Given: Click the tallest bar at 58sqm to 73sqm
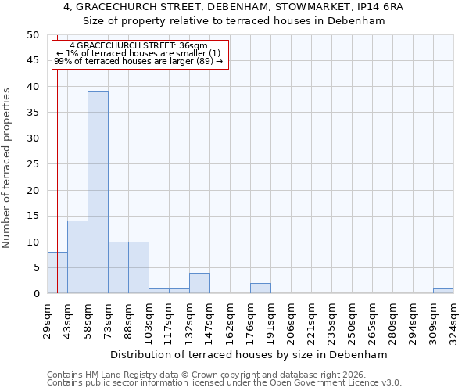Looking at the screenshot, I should pos(98,192).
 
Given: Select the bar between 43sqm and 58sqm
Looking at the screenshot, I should pos(77,257).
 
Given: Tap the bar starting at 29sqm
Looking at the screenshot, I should pos(57,273).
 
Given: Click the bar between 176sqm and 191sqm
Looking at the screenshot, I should pos(260,289).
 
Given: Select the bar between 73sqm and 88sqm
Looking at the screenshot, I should pos(118,267).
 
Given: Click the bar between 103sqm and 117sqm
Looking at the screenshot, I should pos(159,291).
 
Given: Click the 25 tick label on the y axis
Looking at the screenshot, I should pos(32,164).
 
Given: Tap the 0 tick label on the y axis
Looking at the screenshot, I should pos(35,293).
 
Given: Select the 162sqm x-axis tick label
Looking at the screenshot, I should pos(230,320).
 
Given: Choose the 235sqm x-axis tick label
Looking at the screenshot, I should pos(331,320).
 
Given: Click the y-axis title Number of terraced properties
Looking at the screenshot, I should pos(7,167).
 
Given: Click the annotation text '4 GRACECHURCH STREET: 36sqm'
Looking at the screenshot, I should pos(138,46).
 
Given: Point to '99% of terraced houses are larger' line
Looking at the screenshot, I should pos(138,61).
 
